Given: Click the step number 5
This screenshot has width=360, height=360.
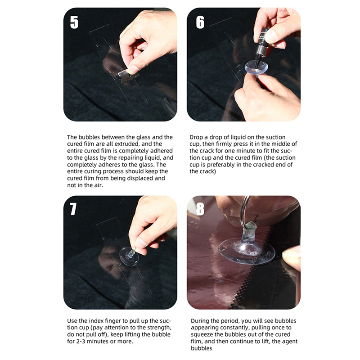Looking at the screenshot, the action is pyautogui.click(x=74, y=22).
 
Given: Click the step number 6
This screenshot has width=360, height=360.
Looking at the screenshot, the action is pyautogui.click(x=200, y=22).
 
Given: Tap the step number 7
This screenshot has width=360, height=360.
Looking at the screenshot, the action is pyautogui.click(x=73, y=209).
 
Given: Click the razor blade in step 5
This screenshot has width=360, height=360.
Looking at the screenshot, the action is pyautogui.click(x=129, y=76).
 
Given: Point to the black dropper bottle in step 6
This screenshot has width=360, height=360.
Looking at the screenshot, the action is pyautogui.click(x=262, y=45).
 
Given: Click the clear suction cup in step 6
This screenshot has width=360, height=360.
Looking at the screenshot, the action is pyautogui.click(x=256, y=67).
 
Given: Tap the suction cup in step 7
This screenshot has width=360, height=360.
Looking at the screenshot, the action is pyautogui.click(x=129, y=256).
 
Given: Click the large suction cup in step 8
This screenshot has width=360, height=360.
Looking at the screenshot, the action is pyautogui.click(x=247, y=250).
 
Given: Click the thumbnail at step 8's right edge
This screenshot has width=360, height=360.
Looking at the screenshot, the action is pyautogui.click(x=292, y=256).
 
